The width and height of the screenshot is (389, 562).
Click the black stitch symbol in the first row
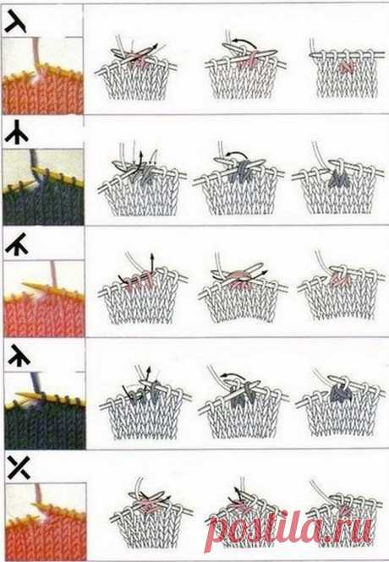coord(15,22)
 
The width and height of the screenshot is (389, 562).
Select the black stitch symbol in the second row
coord(17,132)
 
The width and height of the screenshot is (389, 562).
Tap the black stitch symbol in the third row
coord(17,244)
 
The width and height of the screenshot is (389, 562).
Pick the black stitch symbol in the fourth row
coord(19,355)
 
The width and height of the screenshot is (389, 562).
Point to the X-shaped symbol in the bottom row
coord(19,467)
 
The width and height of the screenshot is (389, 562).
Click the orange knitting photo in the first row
coord(42,75)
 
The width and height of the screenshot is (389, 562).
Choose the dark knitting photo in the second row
coord(43,187)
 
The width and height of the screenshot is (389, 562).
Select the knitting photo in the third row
coord(44,298)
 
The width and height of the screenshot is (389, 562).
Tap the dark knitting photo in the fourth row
coord(45,410)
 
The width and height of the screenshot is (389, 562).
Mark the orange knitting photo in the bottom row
coord(46,521)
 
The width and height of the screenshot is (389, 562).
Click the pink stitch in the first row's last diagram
coord(346,67)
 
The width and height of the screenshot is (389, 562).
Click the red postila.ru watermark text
coord(291,529)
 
